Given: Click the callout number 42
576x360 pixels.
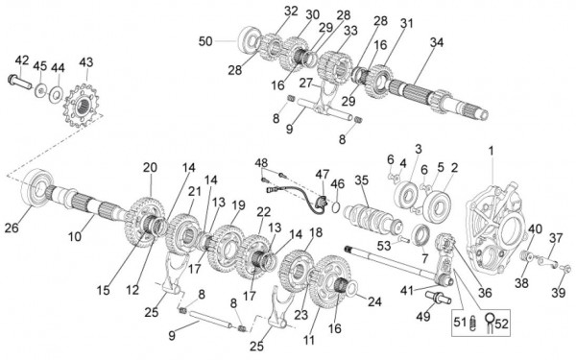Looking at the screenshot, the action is (22, 60).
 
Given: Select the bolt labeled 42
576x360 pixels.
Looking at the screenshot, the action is (19, 82).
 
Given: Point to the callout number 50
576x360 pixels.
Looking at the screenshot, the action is (205, 41).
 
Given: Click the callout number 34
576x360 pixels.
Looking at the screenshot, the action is (437, 42).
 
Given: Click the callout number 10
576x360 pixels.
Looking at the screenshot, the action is (74, 236).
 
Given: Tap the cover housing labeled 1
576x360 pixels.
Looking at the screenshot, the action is (497, 225).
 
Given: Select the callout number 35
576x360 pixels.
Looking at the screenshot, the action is (361, 180).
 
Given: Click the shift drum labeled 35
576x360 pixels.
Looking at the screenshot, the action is (372, 220).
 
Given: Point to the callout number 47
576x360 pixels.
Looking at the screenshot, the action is (323, 174).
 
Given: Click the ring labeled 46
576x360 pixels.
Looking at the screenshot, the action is (335, 207).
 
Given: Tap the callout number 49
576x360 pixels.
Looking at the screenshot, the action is (422, 316).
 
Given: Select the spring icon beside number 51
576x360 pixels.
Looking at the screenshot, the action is (473, 324).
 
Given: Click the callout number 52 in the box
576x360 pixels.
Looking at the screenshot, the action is (501, 324).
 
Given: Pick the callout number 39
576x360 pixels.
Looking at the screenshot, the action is (559, 293).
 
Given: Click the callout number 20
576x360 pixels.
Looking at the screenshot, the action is (150, 167).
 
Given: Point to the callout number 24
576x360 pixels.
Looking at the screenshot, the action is (374, 302).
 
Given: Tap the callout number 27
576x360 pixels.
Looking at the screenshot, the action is (305, 83).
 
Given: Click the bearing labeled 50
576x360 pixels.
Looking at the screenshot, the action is (250, 39).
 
